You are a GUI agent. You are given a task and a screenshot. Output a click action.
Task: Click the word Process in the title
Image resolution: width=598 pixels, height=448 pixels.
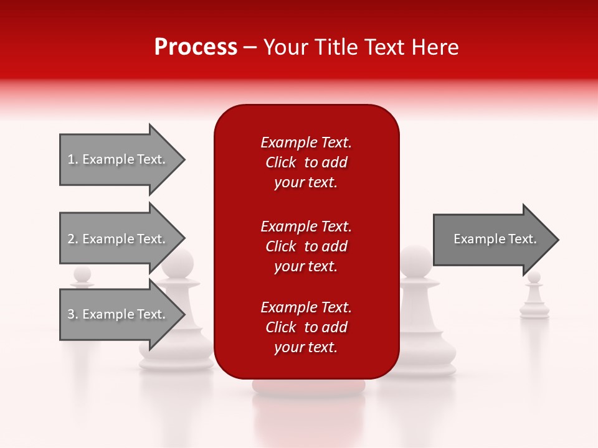196,47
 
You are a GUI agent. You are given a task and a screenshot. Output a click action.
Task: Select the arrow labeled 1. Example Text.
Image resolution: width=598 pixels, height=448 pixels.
118,159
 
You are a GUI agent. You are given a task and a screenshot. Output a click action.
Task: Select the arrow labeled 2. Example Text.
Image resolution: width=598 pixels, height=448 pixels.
118,239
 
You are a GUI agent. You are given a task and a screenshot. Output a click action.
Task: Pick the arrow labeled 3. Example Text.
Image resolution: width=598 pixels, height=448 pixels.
118,314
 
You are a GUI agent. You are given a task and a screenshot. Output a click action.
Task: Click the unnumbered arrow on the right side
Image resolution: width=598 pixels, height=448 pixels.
492,239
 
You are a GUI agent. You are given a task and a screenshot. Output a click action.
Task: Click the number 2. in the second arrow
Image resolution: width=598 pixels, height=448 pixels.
73,239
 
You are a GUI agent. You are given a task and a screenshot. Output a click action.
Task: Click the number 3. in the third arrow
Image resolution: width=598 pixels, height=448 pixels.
73,314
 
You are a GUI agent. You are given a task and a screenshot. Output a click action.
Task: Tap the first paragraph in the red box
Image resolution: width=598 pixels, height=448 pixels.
306,162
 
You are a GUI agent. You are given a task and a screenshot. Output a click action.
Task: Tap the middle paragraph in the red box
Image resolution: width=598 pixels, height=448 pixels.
306,246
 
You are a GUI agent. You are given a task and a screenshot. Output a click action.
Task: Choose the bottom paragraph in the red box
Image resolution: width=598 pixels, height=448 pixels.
306,327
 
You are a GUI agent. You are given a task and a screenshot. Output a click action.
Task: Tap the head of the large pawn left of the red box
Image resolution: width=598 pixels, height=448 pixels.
178,264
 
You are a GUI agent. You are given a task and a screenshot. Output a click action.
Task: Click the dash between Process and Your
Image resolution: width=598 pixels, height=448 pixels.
250,48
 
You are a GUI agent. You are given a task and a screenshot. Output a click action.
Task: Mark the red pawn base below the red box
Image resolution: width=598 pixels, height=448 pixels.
308,386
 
